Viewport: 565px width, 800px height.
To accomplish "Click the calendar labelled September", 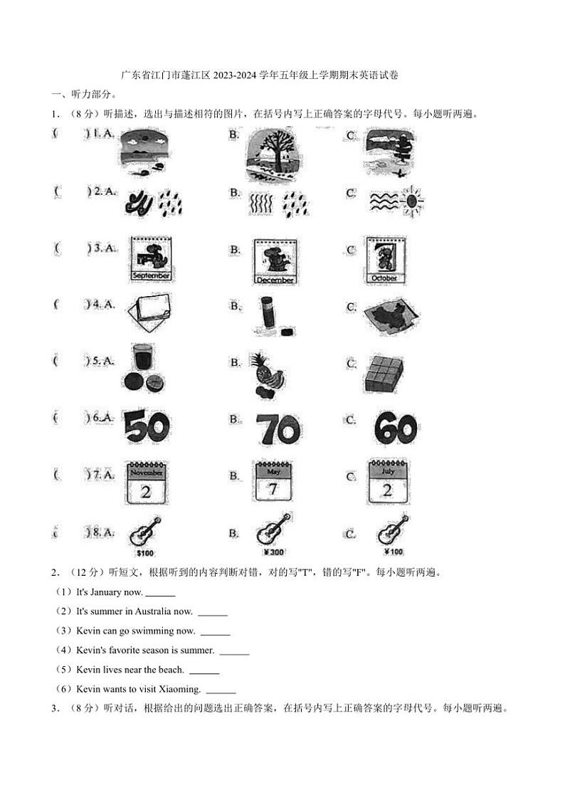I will click(x=151, y=258).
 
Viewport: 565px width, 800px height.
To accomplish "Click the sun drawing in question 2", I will click(x=412, y=201).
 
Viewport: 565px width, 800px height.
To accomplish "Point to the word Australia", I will click(x=149, y=611).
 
